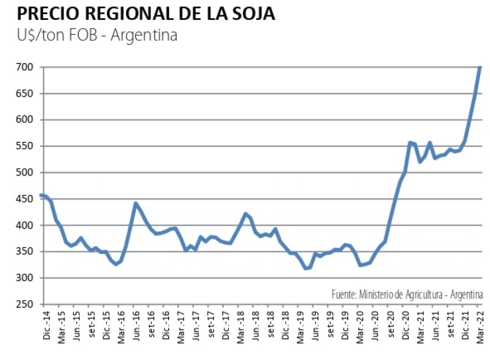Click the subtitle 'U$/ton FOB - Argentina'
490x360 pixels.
(x=97, y=35)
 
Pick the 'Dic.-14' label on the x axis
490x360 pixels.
(x=47, y=324)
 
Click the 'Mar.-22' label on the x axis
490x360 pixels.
(x=480, y=324)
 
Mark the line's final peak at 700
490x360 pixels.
(x=480, y=68)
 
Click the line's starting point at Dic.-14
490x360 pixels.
(x=41, y=195)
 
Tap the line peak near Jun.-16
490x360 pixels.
(x=135, y=204)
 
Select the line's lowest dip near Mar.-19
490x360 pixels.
(x=306, y=268)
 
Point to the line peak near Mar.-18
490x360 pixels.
(x=246, y=214)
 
